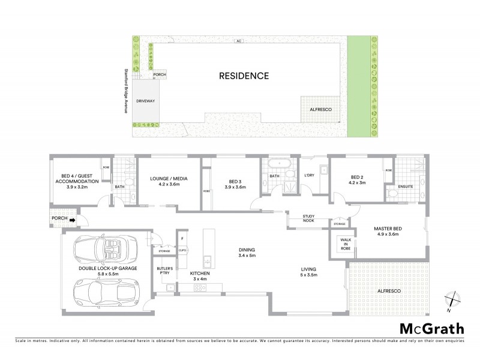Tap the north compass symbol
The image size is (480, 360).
pyautogui.click(x=452, y=299)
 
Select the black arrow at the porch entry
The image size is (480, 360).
pyautogui.click(x=73, y=220)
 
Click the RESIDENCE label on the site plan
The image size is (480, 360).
pyautogui.click(x=244, y=76)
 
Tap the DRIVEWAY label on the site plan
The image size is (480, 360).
pyautogui.click(x=145, y=101)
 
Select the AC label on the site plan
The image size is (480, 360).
pyautogui.click(x=238, y=41)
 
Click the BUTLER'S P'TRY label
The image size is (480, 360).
pyautogui.click(x=165, y=270)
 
